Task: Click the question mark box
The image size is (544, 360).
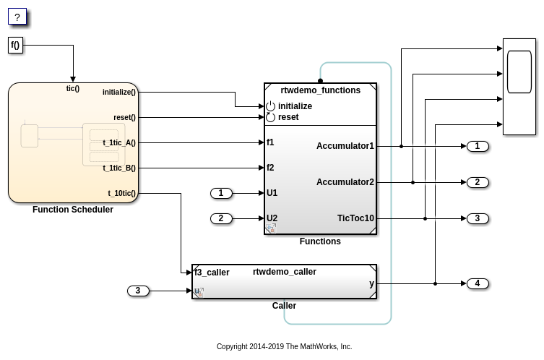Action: pos(17,17)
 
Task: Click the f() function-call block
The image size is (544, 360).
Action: pos(15,46)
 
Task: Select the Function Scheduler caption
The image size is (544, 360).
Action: pos(73,210)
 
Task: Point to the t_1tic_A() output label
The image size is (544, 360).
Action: pos(119,143)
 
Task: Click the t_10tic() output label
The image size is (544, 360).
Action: pos(122,194)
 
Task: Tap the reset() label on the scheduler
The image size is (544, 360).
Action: pos(124,118)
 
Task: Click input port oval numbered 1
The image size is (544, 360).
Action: pos(221,193)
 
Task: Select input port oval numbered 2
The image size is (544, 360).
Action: pos(221,218)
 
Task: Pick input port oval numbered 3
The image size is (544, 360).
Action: pos(138,291)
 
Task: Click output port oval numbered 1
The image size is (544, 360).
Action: pos(478,146)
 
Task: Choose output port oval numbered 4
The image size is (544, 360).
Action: pos(478,283)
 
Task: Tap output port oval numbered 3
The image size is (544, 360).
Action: pos(478,218)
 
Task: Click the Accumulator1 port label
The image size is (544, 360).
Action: pos(345,146)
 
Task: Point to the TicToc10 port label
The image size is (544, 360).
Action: pos(355,218)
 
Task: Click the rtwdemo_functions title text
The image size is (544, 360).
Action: pos(320,90)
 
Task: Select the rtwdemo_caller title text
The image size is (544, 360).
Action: pos(285,272)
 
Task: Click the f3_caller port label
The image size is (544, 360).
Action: pos(212,273)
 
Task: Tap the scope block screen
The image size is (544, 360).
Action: pos(519,72)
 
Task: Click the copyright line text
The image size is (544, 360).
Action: pos(284,347)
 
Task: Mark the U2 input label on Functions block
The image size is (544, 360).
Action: pos(272,218)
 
